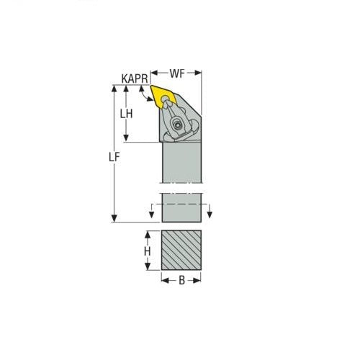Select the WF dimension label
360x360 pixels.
coord(177,73)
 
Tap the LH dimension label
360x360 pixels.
coord(127,114)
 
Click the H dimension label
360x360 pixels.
coord(147,252)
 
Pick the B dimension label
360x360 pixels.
coord(181,279)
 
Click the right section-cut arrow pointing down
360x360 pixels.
coord(210,214)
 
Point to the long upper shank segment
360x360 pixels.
coord(181,163)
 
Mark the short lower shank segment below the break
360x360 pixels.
coord(181,207)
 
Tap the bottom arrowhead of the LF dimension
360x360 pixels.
coord(113,218)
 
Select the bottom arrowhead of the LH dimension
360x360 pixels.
coord(127,138)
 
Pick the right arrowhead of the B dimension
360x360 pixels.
coord(199,279)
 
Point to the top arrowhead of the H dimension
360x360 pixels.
coord(147,234)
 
